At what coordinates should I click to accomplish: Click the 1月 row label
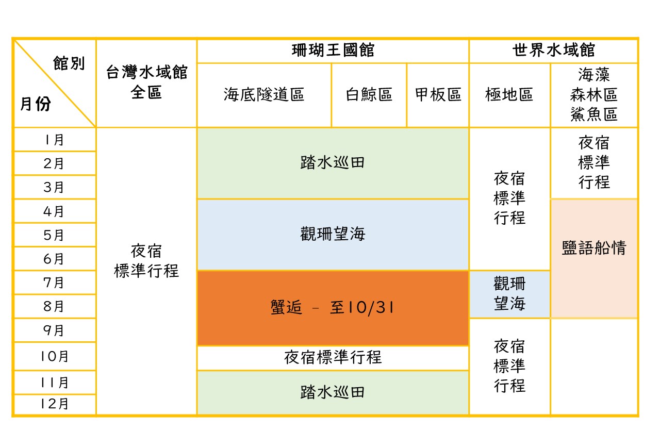pos(54,140)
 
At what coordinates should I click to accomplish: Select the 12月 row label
pos(54,404)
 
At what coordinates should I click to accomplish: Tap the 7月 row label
pos(54,283)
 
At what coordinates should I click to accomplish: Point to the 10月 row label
pos(54,356)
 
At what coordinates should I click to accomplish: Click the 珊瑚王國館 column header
pos(333,51)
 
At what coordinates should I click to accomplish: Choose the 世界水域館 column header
pos(553,51)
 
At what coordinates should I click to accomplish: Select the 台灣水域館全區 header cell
pos(146,82)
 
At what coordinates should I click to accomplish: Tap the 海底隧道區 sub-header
pos(264,95)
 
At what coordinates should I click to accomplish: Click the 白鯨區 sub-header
pos(369,95)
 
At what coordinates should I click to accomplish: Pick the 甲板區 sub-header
pos(438,95)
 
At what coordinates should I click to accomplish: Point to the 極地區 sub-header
pos(509,95)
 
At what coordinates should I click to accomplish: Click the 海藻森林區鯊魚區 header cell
pos(594,95)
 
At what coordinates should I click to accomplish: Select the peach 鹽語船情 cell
pos(594,248)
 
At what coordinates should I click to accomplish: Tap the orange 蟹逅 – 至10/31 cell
pos(333,308)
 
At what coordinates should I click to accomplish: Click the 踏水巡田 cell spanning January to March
pos(333,163)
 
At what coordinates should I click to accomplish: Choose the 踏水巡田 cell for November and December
pos(333,392)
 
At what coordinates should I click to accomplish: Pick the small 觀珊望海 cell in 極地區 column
pos(509,294)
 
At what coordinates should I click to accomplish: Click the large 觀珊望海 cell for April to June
pos(333,235)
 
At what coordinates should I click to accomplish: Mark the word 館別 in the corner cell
pos(69,64)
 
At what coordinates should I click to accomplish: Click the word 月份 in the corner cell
pos(36,105)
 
